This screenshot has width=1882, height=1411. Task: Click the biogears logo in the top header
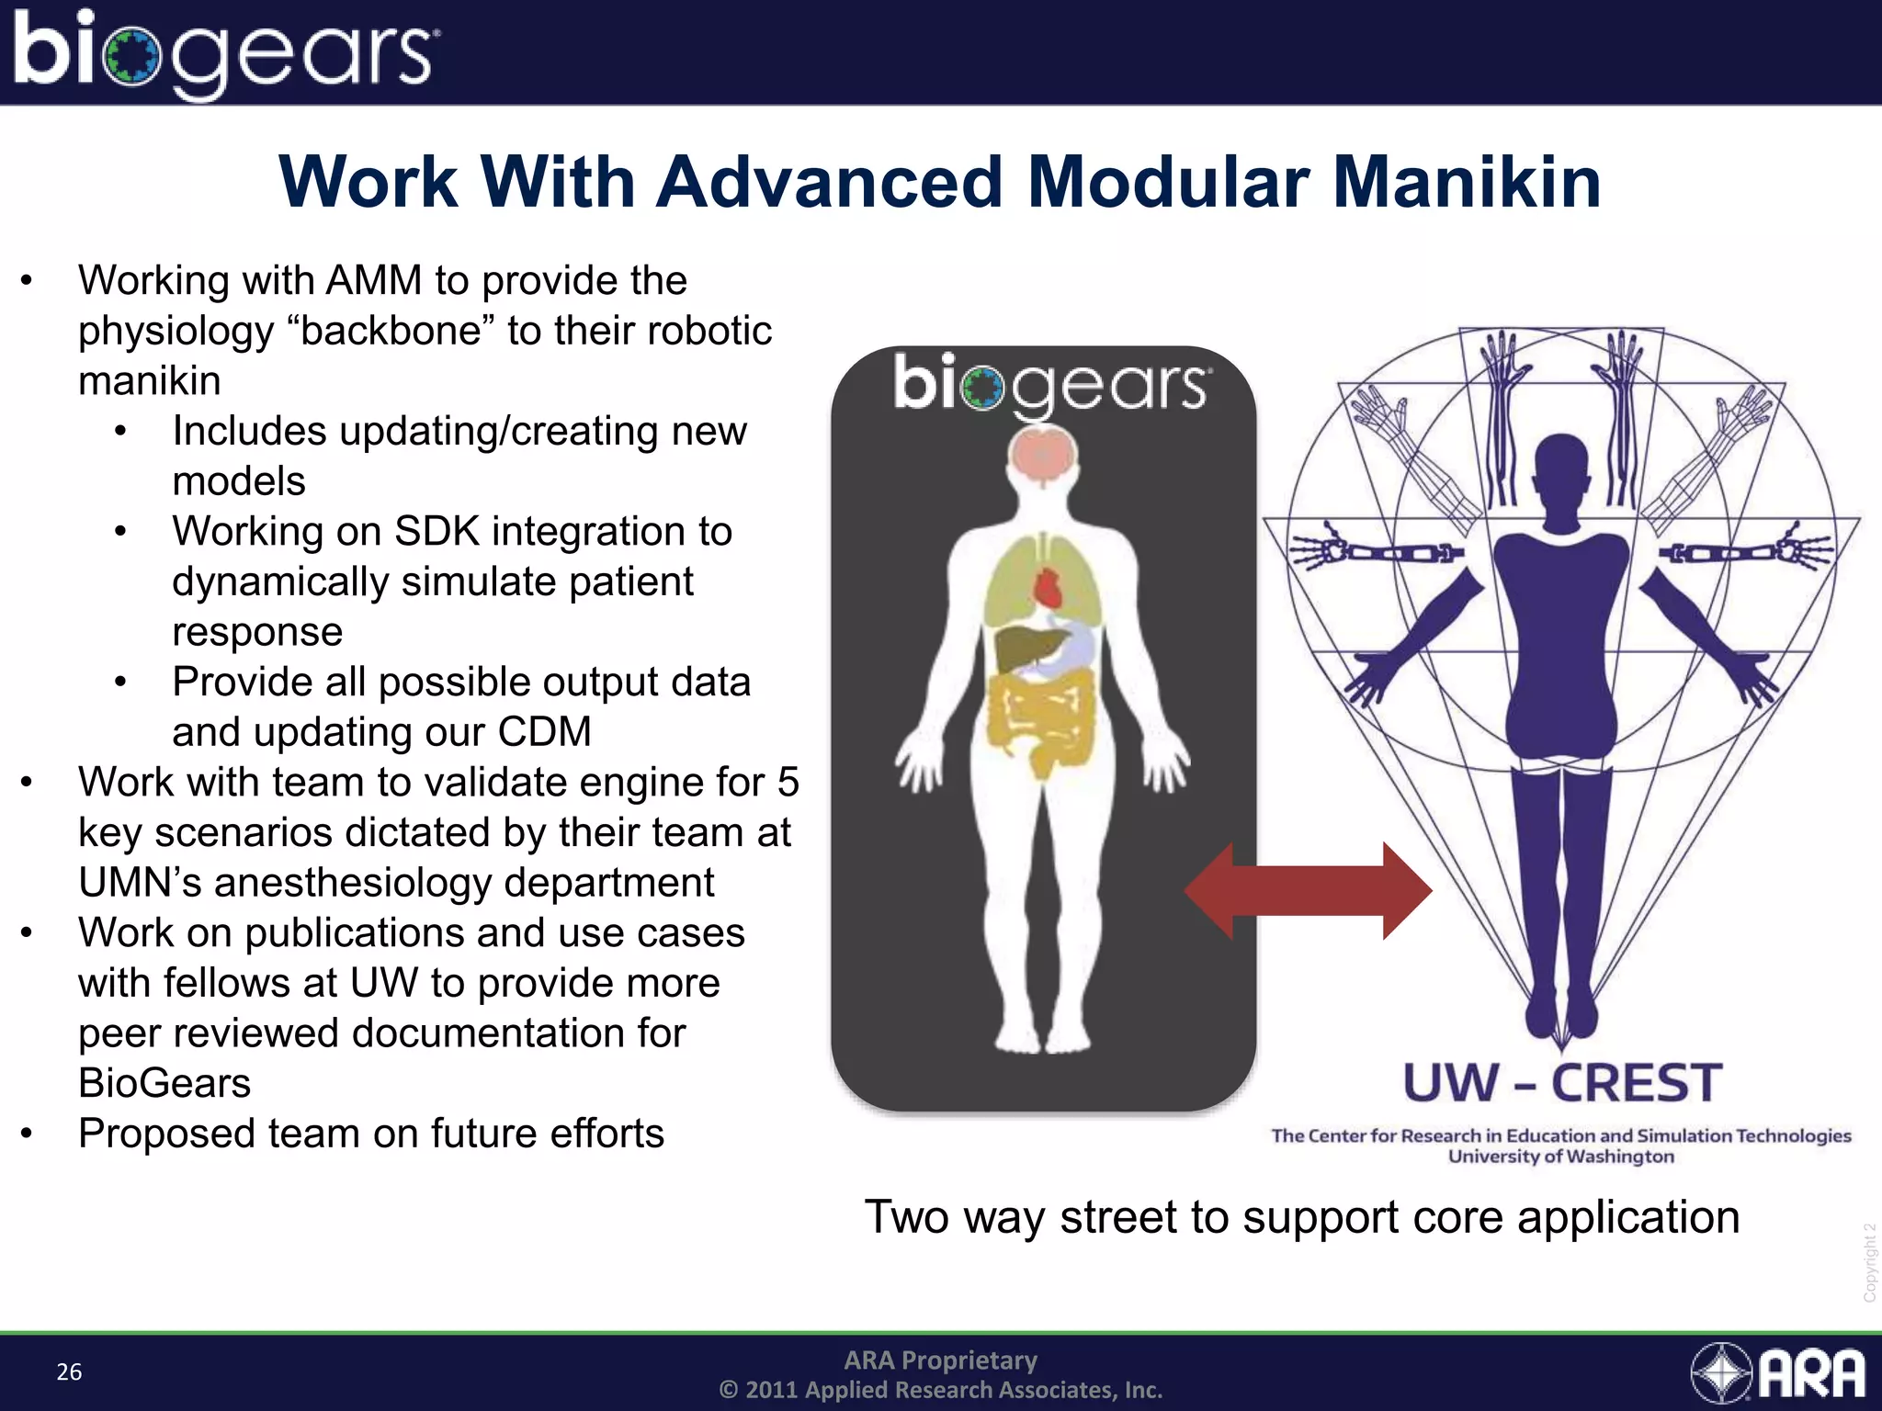coord(225,53)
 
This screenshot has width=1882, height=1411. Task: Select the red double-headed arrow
coord(1308,890)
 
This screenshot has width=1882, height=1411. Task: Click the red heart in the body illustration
coord(1048,587)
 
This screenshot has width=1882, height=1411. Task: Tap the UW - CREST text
coord(1561,1083)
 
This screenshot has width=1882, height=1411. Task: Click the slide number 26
coord(69,1371)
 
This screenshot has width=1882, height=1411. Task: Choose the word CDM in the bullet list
coord(545,732)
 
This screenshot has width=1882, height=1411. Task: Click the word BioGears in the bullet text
coord(164,1083)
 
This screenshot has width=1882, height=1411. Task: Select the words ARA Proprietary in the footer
coord(940,1360)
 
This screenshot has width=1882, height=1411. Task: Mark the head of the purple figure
coord(1561,468)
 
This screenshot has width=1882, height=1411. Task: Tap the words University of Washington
coord(1561,1157)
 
